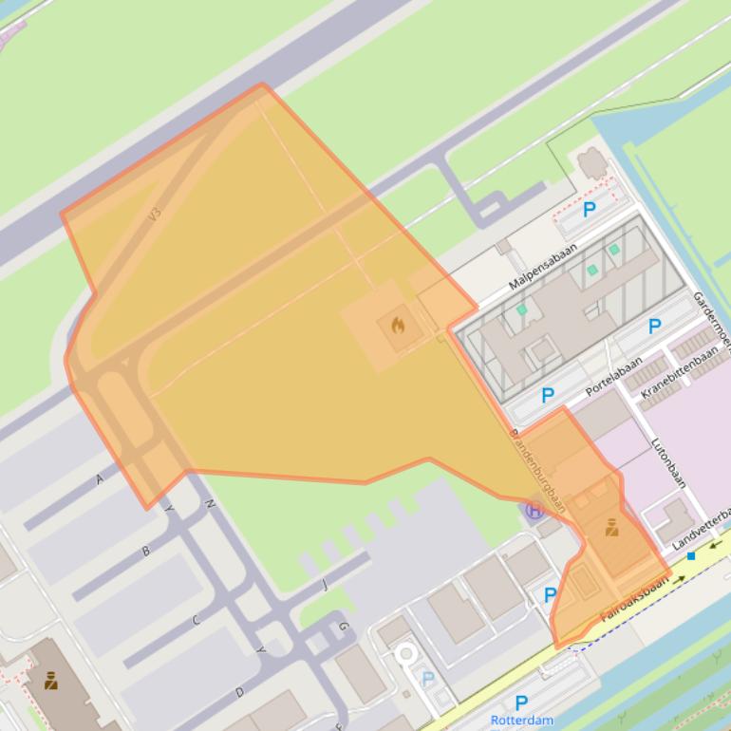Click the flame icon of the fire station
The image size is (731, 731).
pyautogui.click(x=398, y=326)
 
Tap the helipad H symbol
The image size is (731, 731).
pyautogui.click(x=534, y=511)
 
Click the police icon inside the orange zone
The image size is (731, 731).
pyautogui.click(x=611, y=527)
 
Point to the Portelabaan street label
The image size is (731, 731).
pyautogui.click(x=612, y=377)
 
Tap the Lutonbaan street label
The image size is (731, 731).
pyautogui.click(x=668, y=461)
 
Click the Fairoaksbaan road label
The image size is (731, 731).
pyautogui.click(x=634, y=600)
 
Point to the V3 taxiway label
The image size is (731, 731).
pyautogui.click(x=155, y=215)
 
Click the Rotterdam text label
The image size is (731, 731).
pyautogui.click(x=521, y=721)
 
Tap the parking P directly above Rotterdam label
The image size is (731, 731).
pyautogui.click(x=520, y=703)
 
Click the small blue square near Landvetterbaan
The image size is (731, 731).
pyautogui.click(x=691, y=555)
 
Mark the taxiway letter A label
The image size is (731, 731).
pyautogui.click(x=100, y=479)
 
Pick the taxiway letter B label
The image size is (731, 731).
pyautogui.click(x=145, y=551)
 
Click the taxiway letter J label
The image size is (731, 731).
pyautogui.click(x=324, y=585)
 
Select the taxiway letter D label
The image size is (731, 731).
pyautogui.click(x=239, y=693)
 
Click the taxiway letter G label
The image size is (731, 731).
pyautogui.click(x=343, y=627)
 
